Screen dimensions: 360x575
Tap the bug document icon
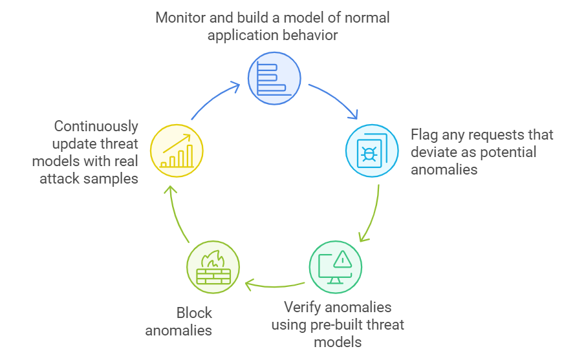[x=372, y=151]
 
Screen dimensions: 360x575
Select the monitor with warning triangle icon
[x=335, y=267]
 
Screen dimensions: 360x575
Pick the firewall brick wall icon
[x=213, y=267]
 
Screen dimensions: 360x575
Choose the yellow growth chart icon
[x=177, y=151]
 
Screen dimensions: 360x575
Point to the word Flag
[x=426, y=135]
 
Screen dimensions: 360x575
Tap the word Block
[x=194, y=313]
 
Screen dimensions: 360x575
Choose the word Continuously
[x=96, y=126]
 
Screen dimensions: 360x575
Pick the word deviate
[x=434, y=153]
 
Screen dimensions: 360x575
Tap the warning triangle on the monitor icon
[x=343, y=260]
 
